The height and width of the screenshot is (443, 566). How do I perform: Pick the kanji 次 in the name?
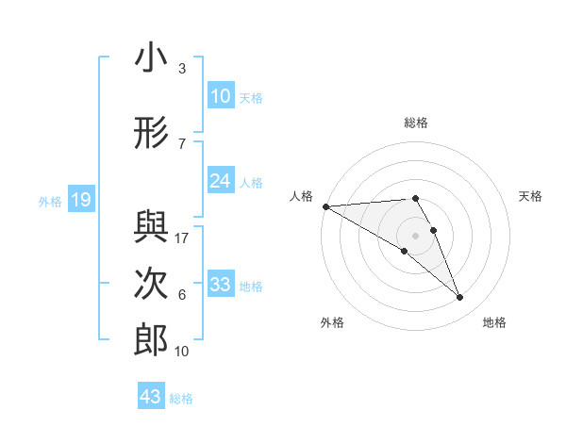(151, 283)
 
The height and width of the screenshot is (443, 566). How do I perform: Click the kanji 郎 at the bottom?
(151, 339)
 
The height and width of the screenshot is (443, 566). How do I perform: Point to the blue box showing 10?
(221, 96)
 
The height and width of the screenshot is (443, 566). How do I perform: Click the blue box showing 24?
(221, 181)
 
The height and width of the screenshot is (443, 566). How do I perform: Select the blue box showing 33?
(221, 286)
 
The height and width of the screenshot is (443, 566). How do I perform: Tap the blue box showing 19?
(80, 200)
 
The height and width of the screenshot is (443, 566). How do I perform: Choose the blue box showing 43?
(151, 397)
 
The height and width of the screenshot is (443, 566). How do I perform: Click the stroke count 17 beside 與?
(183, 238)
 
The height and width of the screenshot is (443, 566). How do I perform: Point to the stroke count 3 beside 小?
(182, 69)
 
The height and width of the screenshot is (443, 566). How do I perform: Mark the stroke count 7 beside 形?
(182, 143)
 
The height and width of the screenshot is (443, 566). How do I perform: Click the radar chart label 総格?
(416, 123)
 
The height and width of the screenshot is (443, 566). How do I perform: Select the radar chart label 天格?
(531, 196)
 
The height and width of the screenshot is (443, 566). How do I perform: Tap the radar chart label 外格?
(332, 322)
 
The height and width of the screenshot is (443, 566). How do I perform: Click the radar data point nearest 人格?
(325, 206)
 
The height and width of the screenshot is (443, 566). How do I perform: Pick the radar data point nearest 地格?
(460, 298)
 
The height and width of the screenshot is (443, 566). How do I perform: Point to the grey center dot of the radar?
(416, 234)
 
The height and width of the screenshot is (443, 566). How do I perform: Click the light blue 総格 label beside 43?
(181, 399)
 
